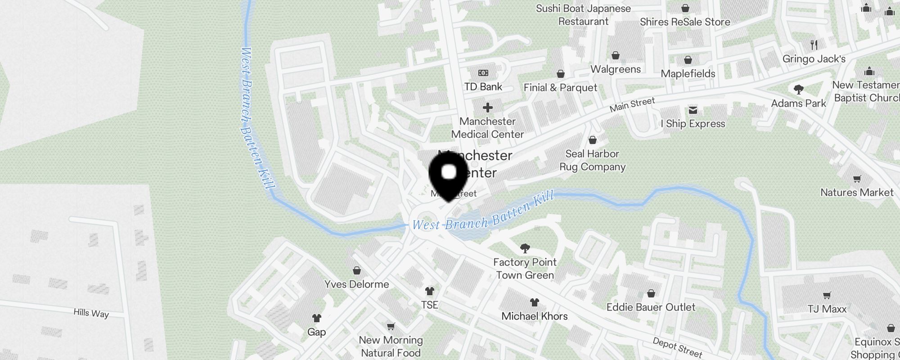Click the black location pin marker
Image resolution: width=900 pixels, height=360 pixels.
point(448,176)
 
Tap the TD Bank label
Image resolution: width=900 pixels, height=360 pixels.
point(483,87)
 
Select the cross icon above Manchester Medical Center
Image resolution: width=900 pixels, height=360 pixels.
point(487,108)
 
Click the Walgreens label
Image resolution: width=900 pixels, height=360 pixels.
point(615,69)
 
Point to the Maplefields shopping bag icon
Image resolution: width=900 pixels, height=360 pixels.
point(688,60)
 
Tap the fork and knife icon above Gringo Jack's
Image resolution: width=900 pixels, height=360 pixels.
point(814,45)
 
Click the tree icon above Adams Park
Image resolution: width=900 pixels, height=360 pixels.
point(798,90)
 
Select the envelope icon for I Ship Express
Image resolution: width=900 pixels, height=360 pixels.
point(693,110)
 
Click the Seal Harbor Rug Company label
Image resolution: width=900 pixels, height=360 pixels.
point(592,160)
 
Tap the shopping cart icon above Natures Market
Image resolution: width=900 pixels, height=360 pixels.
point(857,179)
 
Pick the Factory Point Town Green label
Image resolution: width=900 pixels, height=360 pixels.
point(525,269)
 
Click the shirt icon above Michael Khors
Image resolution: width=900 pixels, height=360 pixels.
point(534,302)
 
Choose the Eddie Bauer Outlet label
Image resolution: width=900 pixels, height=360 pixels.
point(651,307)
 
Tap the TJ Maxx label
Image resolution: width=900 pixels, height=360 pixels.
point(827,309)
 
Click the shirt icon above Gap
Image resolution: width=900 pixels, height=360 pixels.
point(316,318)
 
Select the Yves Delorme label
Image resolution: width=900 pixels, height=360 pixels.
point(356,284)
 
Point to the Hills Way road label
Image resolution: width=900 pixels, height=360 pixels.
point(91,313)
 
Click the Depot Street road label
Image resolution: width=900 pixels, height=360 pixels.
point(677,347)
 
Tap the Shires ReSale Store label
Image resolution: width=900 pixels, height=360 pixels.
point(685,22)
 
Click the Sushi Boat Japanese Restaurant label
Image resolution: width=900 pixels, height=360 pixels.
point(583,15)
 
